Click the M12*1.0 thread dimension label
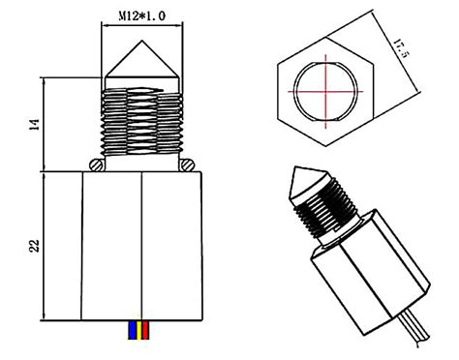(142, 16)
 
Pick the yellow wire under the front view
(140, 331)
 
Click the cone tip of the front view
(141, 49)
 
